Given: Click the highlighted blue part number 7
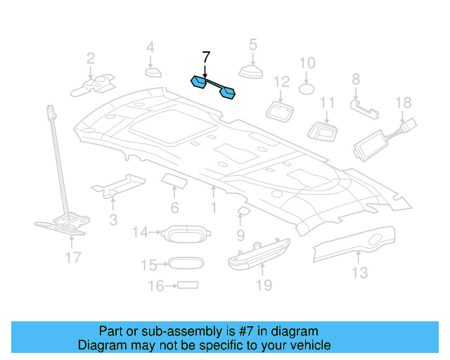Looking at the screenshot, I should point(214,86).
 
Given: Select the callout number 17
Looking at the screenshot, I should point(73,258).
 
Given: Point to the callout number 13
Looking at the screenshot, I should point(359,273).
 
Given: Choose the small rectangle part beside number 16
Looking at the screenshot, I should point(188,285).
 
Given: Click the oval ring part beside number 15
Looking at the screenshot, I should point(186,264).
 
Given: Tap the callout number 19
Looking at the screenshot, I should point(263,285).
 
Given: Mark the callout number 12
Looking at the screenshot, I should point(281,82).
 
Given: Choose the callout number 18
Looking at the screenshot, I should point(403,103).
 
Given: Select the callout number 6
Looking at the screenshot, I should point(174,208).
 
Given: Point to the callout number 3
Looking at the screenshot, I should point(112,220).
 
